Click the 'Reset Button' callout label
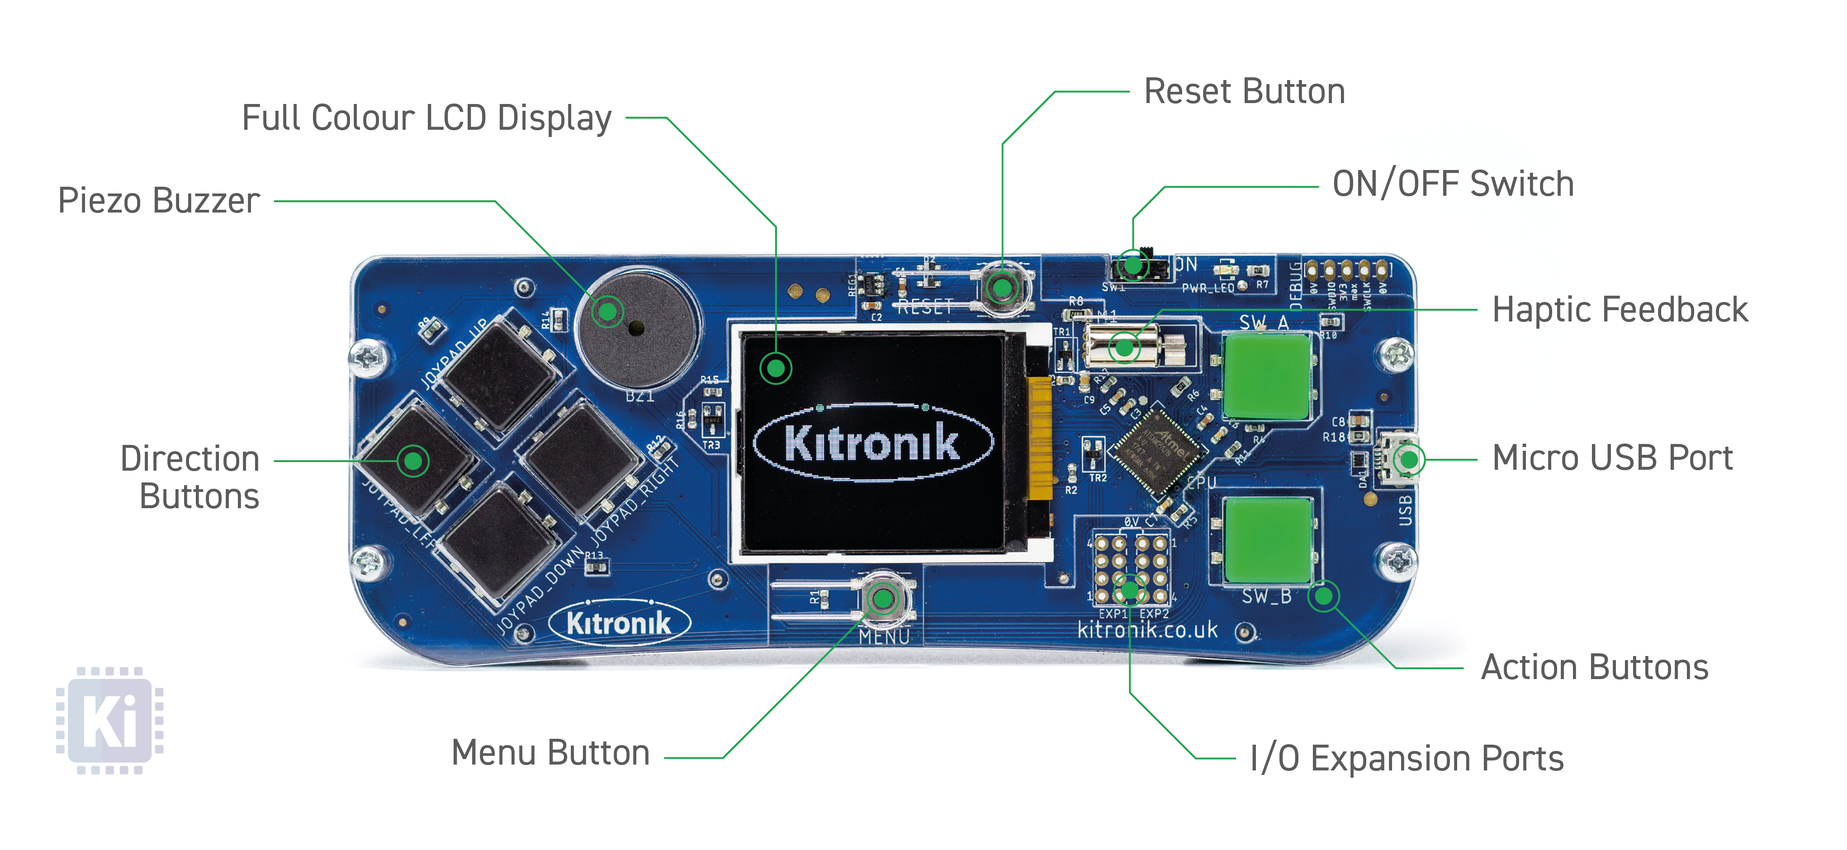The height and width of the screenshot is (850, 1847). (x=1244, y=92)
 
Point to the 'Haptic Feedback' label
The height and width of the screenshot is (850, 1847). (x=1620, y=310)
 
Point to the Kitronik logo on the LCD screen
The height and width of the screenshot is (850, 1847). (x=872, y=442)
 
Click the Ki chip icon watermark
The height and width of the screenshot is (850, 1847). (x=110, y=720)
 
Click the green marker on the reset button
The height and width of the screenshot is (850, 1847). (x=1002, y=288)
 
